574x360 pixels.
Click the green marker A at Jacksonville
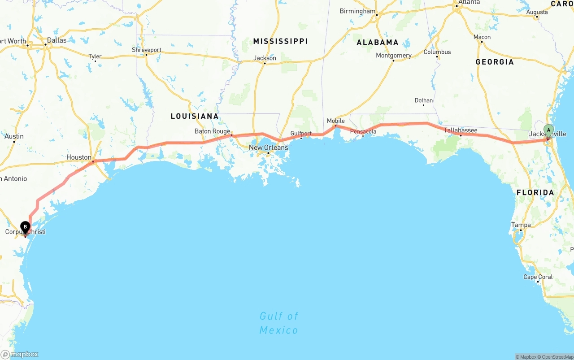pos(548,130)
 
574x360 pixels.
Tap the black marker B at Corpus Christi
pos(25,227)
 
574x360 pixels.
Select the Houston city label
pos(79,157)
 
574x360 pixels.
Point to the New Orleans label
pos(269,147)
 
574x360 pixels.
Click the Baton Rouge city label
pos(212,131)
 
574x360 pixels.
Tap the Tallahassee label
pos(461,130)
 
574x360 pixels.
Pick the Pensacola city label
pos(363,131)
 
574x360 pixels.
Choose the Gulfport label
pos(301,134)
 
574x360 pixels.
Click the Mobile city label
pos(336,121)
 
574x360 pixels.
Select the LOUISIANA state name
pos(195,117)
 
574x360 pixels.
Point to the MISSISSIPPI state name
pos(280,41)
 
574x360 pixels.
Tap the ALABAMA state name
pos(378,43)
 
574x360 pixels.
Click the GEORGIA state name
pos(495,62)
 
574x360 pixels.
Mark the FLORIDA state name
pos(535,193)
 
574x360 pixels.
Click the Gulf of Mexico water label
pos(278,323)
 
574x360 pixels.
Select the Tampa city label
pos(521,225)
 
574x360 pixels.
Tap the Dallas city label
pos(57,40)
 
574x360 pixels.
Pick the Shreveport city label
pos(147,50)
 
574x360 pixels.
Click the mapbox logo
pos(20,354)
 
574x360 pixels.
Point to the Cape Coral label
pos(538,277)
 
